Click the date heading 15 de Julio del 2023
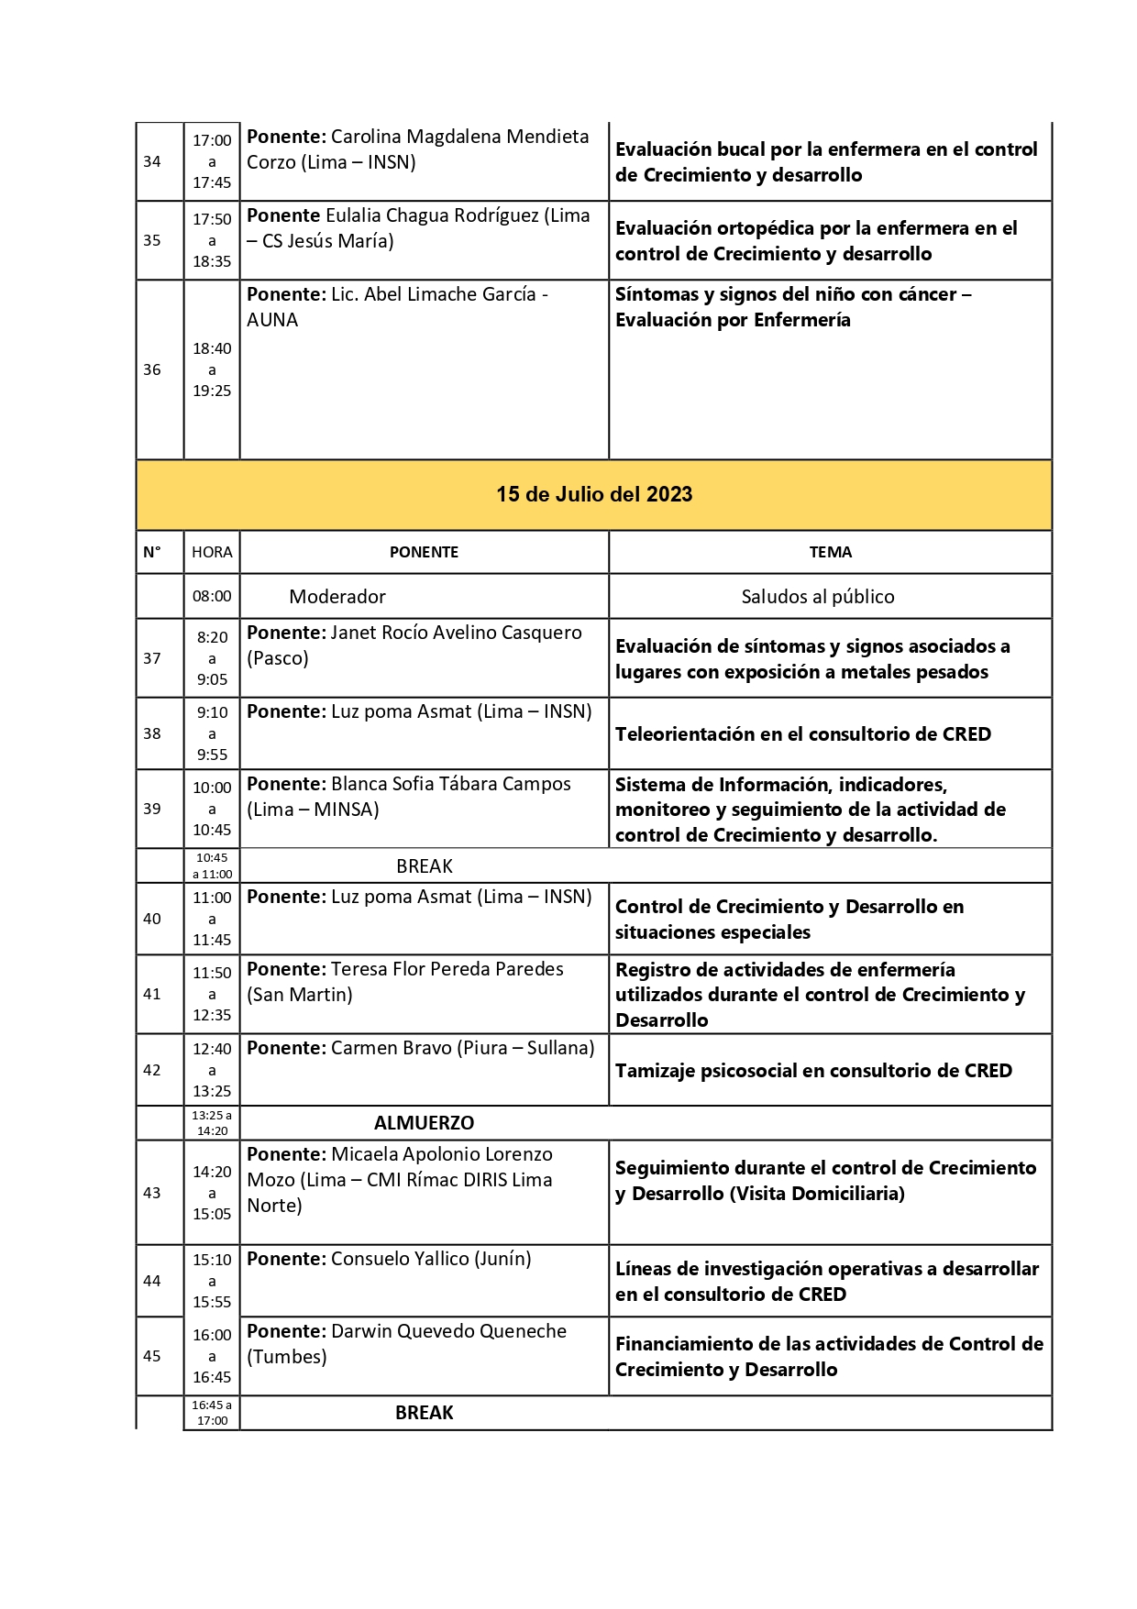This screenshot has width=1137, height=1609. click(594, 494)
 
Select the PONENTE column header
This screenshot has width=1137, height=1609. click(424, 552)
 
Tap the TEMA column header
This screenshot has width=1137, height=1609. click(830, 552)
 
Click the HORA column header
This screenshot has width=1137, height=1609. click(212, 552)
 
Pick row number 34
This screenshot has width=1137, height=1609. click(152, 161)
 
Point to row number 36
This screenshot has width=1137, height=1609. click(152, 369)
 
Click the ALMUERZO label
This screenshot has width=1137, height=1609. click(424, 1123)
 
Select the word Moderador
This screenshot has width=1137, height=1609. click(337, 597)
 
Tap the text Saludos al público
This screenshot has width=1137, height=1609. click(818, 597)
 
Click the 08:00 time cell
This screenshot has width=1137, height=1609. click(212, 596)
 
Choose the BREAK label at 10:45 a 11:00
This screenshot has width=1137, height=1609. click(425, 866)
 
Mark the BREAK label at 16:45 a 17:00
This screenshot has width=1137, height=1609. click(425, 1413)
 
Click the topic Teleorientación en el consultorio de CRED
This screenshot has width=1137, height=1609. click(803, 734)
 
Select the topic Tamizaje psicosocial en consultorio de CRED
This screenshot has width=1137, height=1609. click(813, 1071)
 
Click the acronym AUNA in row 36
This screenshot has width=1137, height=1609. click(272, 320)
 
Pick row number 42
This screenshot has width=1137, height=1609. click(152, 1070)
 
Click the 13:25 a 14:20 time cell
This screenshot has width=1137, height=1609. click(212, 1123)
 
